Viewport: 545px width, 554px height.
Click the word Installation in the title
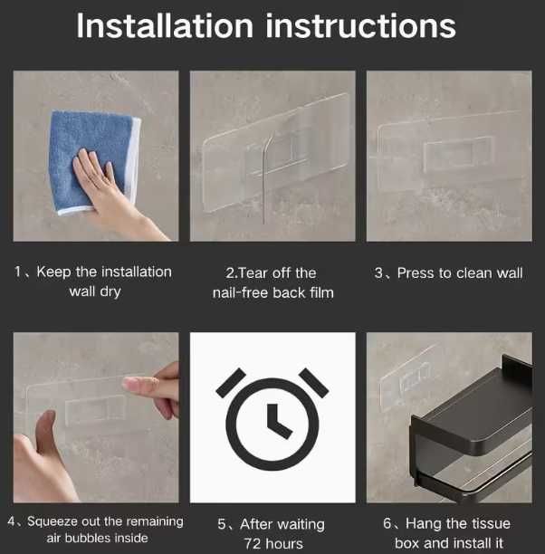165,25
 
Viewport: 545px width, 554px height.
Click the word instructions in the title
361,25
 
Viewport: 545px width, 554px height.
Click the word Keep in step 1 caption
53,272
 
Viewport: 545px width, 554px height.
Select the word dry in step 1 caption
110,292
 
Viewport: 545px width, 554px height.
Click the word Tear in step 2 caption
254,273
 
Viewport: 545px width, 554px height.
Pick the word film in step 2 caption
321,292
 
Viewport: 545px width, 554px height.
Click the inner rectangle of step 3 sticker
458,153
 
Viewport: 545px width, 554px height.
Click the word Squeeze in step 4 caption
53,521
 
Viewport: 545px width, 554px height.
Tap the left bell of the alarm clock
231,383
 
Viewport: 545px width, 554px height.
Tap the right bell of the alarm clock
314,383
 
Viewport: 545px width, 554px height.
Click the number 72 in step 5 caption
253,543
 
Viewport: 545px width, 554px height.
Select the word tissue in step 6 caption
489,523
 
